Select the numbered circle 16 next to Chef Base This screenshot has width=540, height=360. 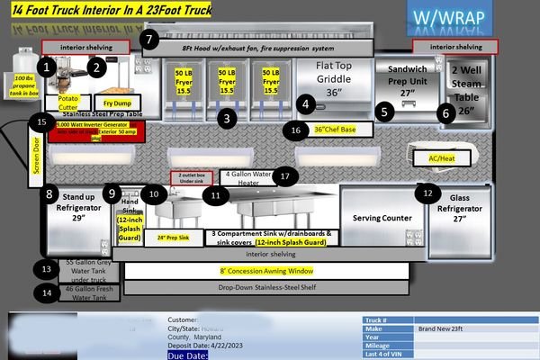pyautogui.click(x=298, y=130)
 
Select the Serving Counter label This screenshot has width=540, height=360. pyautogui.click(x=382, y=219)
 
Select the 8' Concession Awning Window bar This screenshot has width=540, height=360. pyautogui.click(x=266, y=271)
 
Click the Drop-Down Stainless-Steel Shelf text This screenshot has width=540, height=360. pyautogui.click(x=267, y=288)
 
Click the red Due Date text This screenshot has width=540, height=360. pyautogui.click(x=190, y=355)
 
